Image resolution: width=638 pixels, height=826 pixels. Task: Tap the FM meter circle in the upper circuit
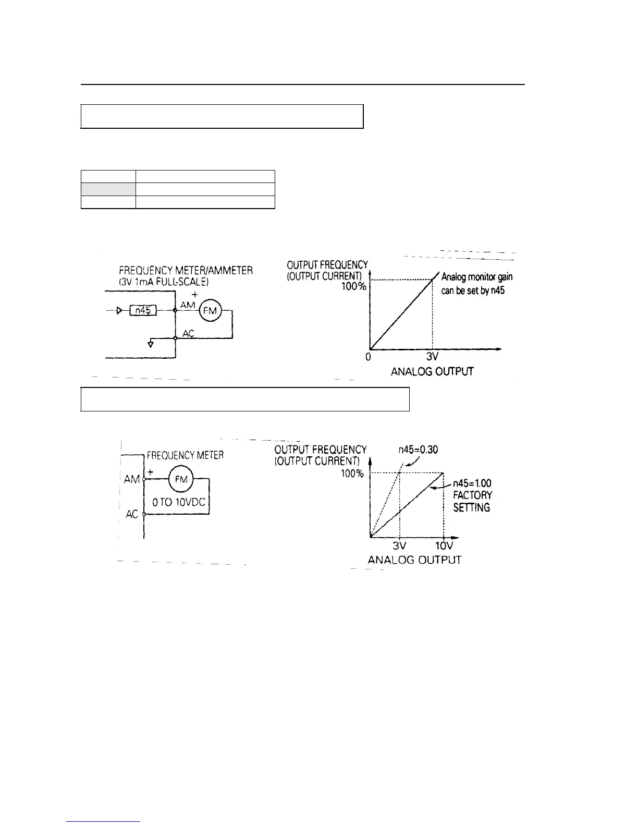tap(211, 311)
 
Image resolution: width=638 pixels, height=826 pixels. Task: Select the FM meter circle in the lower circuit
tap(181, 478)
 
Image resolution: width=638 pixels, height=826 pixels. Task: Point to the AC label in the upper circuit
tap(188, 334)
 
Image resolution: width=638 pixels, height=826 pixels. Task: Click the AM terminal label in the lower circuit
tap(131, 479)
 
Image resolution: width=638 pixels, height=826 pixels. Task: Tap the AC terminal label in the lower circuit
tap(132, 514)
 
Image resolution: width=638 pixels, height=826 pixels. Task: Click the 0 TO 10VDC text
tap(179, 503)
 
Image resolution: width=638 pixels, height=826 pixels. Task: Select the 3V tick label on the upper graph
tap(432, 357)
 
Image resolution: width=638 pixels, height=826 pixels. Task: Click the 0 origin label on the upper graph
tap(368, 357)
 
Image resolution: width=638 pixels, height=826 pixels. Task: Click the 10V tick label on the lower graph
tap(444, 545)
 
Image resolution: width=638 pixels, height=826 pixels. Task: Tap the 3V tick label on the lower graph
tap(399, 545)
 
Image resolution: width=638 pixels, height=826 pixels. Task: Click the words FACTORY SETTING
tap(472, 501)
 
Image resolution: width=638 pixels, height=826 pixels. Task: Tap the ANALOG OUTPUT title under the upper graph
tap(432, 371)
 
